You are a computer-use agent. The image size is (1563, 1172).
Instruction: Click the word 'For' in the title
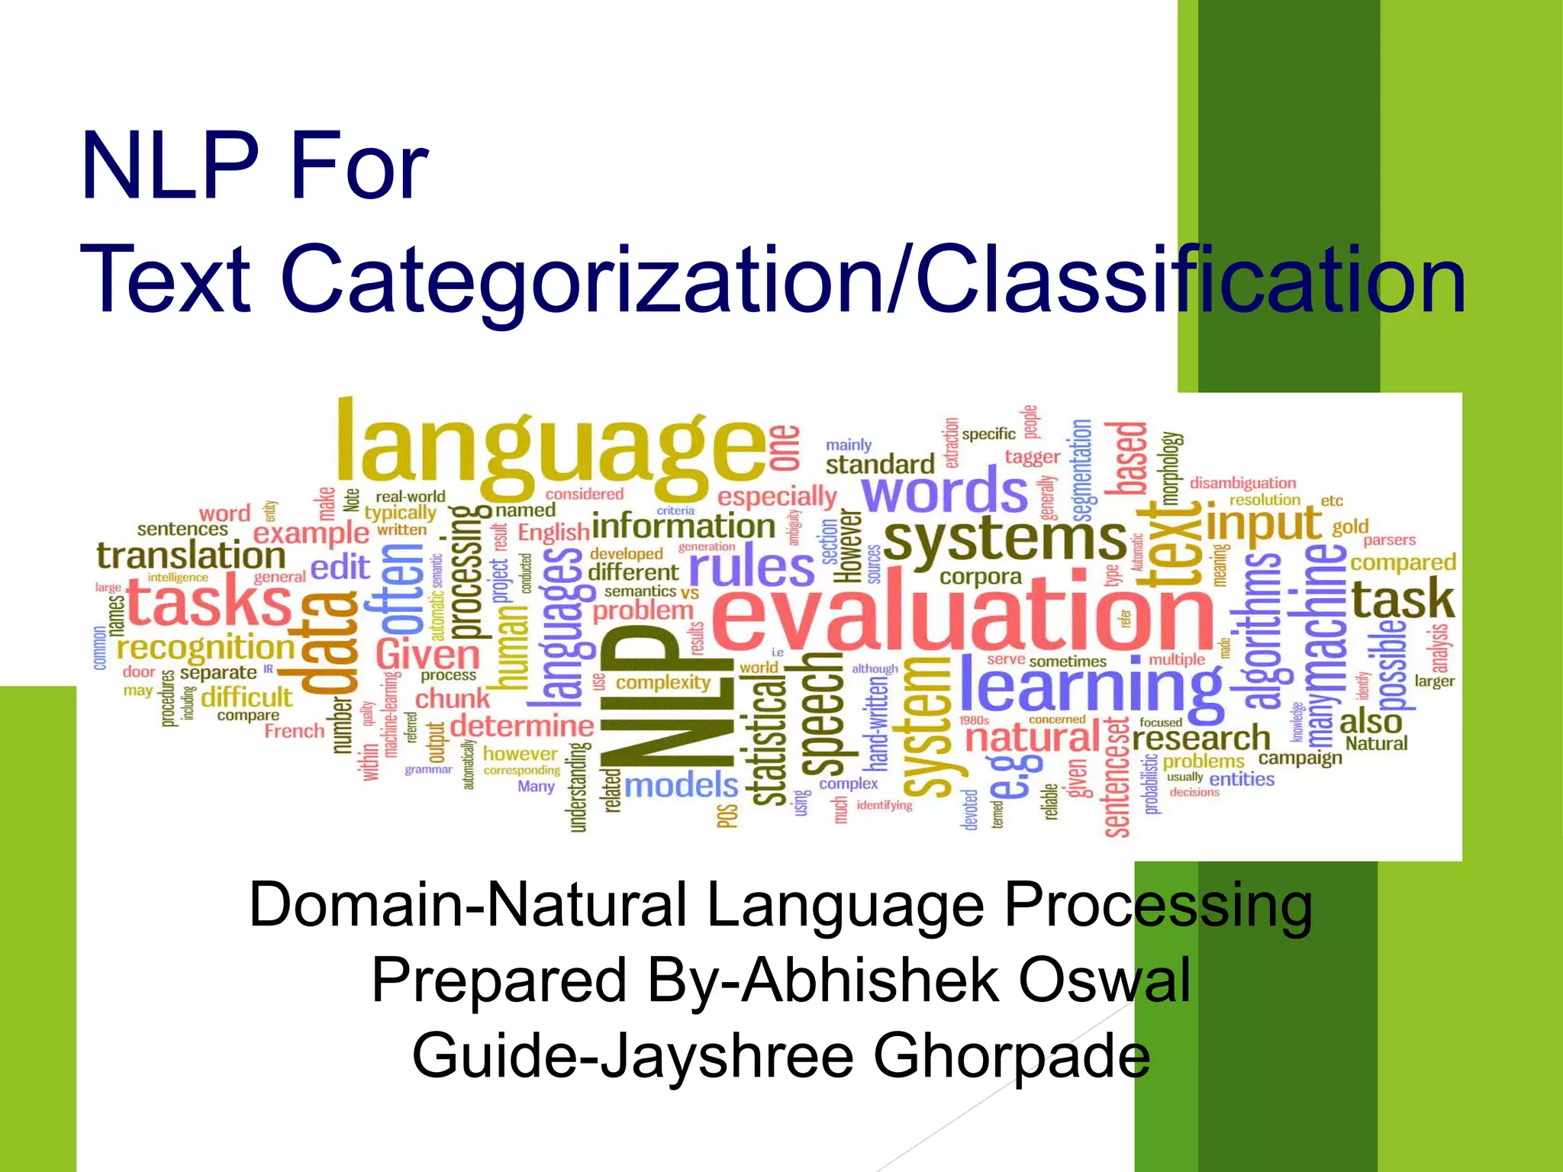tap(359, 166)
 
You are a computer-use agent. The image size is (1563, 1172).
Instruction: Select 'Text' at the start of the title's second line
tap(165, 279)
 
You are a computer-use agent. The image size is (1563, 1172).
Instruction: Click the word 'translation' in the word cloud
tap(191, 555)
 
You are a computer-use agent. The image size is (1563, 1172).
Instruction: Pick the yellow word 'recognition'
tap(205, 648)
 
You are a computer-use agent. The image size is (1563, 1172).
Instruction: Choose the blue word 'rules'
tap(752, 568)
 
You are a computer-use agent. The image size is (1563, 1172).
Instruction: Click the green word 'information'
tap(683, 526)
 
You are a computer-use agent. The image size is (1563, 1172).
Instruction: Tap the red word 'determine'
tap(522, 725)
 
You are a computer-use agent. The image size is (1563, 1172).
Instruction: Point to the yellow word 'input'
tap(1264, 523)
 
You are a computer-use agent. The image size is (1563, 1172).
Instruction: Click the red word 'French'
tap(295, 731)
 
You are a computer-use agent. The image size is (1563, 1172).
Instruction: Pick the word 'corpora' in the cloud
tap(980, 577)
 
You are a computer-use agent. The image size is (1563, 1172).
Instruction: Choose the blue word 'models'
tap(681, 785)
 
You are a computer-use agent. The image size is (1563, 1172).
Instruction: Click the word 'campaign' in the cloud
tap(1300, 758)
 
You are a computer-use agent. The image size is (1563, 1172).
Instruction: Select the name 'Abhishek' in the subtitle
tap(870, 980)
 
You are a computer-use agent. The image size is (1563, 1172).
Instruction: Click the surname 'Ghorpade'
tap(1011, 1055)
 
